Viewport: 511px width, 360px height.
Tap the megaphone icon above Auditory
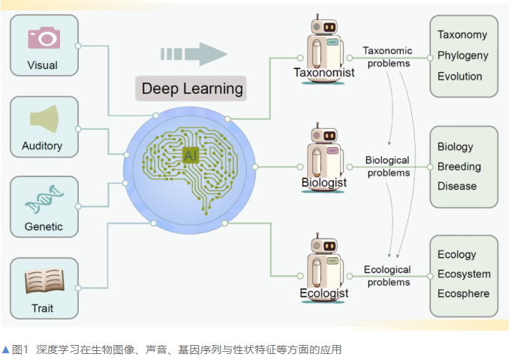pyautogui.click(x=44, y=118)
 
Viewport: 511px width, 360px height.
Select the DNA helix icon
pyautogui.click(x=44, y=199)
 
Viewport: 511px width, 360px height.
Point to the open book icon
pyautogui.click(x=44, y=280)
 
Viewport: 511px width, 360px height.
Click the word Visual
pyautogui.click(x=43, y=65)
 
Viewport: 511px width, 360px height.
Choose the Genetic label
pyautogui.click(x=43, y=226)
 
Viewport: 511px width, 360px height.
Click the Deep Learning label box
pyautogui.click(x=192, y=88)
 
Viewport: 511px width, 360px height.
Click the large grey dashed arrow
pyautogui.click(x=193, y=54)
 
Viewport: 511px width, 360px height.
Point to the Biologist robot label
pyautogui.click(x=324, y=182)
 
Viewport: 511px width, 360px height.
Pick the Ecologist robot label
pyautogui.click(x=324, y=293)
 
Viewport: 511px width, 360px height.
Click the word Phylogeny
pyautogui.click(x=462, y=55)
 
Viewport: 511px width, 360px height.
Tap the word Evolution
pyautogui.click(x=459, y=76)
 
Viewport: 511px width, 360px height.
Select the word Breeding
pyautogui.click(x=459, y=166)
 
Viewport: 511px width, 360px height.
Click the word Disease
pyautogui.click(x=457, y=186)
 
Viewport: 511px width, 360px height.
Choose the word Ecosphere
pyautogui.click(x=463, y=293)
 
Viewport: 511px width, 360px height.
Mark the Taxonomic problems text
pyautogui.click(x=388, y=57)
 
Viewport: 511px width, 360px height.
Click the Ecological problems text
pyautogui.click(x=388, y=276)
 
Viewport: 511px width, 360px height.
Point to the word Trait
pyautogui.click(x=43, y=307)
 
